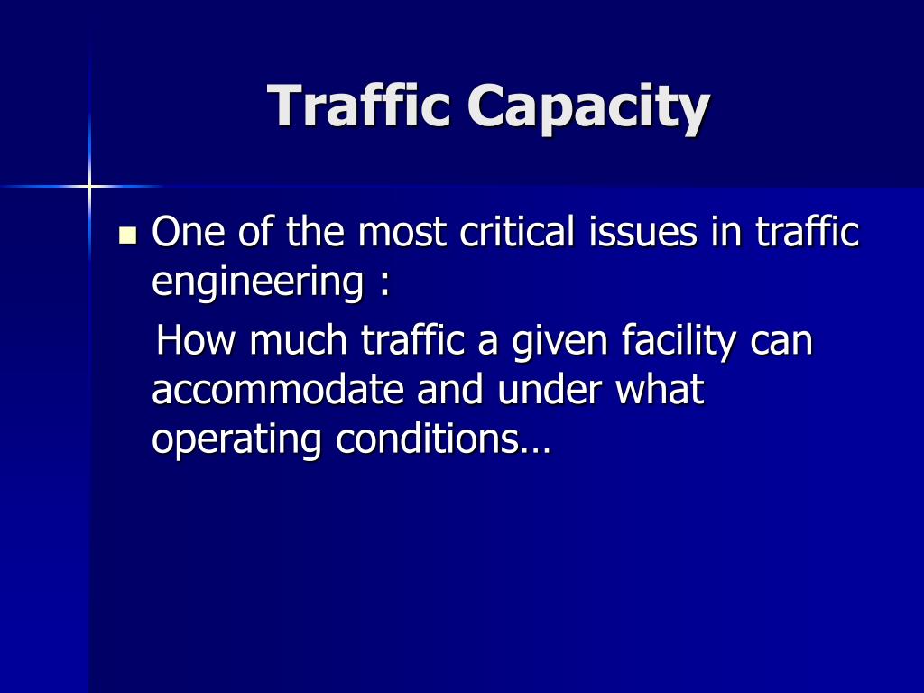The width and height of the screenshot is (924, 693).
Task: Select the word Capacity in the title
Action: [x=588, y=108]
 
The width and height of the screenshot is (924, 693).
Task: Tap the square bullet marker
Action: [x=127, y=235]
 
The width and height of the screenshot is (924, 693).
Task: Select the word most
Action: [x=402, y=232]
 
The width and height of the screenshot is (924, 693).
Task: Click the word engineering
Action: [x=258, y=282]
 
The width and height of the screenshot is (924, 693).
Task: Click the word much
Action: [x=298, y=340]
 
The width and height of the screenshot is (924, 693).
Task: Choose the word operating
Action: [x=236, y=441]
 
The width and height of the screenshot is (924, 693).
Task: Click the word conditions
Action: [x=427, y=439]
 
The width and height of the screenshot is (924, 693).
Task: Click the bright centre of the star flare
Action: [x=89, y=187]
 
